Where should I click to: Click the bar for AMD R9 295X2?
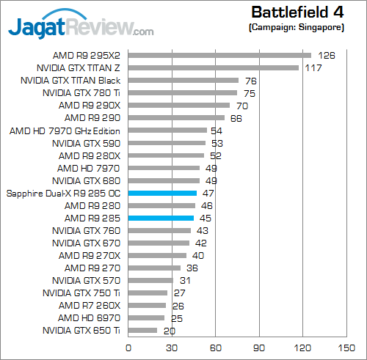coord(219,55)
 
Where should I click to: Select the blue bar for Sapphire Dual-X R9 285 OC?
coord(162,193)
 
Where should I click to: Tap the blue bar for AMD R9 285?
coord(161,218)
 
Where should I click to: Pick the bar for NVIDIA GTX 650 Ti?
coord(142,331)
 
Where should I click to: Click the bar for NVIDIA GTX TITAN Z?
coord(214,67)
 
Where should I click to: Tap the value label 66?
coord(236,117)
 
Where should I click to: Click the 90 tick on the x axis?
coord(258,347)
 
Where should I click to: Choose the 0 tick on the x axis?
coord(128,347)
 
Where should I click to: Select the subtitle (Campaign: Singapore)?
coord(296,26)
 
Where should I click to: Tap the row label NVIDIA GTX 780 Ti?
coord(81,92)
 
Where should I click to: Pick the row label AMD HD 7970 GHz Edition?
coord(65,131)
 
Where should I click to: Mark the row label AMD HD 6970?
coord(90,318)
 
